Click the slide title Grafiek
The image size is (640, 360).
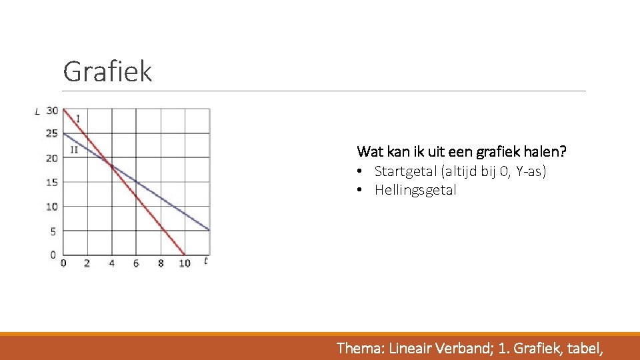click(107, 71)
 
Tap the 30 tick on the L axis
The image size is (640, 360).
click(52, 111)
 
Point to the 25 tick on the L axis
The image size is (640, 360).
click(52, 134)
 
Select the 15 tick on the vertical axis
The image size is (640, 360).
click(52, 183)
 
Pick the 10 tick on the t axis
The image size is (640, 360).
click(185, 263)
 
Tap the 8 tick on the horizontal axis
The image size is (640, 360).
click(161, 263)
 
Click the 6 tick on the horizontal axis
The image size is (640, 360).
click(136, 263)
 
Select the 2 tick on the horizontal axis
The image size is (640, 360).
click(87, 263)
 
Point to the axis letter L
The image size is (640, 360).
click(37, 111)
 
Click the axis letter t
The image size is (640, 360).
click(206, 261)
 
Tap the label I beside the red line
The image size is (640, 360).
click(78, 119)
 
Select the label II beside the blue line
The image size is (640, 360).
click(74, 149)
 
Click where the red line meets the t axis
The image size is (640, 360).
click(185, 255)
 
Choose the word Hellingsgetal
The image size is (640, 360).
click(415, 190)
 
